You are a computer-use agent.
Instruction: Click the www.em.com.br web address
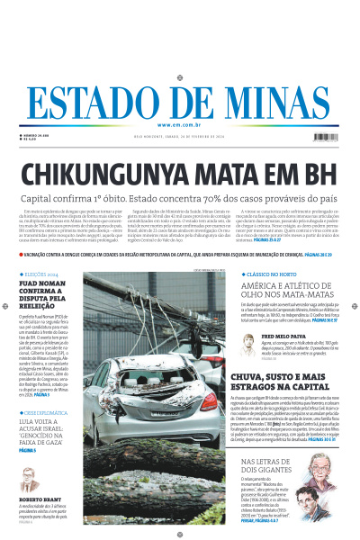pyautogui.click(x=180, y=124)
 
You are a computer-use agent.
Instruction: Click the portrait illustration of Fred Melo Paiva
pyautogui.click(x=245, y=341)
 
